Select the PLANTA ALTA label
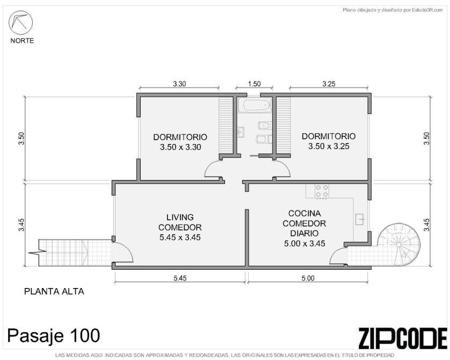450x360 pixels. click(x=54, y=291)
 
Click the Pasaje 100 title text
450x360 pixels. click(x=54, y=335)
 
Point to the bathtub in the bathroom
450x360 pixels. click(x=255, y=105)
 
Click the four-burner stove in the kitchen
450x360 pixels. click(x=322, y=191)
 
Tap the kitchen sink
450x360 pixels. click(x=360, y=219)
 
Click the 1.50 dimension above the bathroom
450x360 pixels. click(x=255, y=84)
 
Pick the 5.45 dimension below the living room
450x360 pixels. click(x=180, y=278)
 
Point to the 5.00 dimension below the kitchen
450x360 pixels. click(x=308, y=278)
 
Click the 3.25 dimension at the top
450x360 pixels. click(x=329, y=84)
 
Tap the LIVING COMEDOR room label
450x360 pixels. click(x=180, y=222)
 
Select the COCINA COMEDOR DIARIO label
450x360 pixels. click(x=304, y=224)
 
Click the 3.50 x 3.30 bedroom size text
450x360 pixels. click(x=180, y=147)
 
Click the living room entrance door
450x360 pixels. click(x=122, y=252)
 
